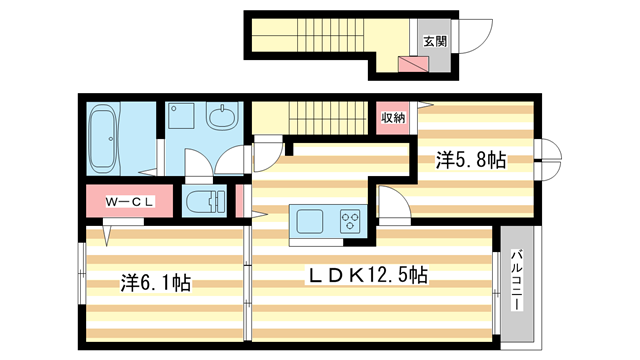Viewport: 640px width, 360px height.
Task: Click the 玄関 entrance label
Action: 435,41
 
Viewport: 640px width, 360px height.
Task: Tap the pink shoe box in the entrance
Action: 412,65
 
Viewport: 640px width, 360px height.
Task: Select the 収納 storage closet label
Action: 393,118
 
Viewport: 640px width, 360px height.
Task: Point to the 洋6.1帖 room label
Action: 156,283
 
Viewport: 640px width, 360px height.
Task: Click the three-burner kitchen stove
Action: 351,217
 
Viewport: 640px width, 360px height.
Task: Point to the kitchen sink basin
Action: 305,217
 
